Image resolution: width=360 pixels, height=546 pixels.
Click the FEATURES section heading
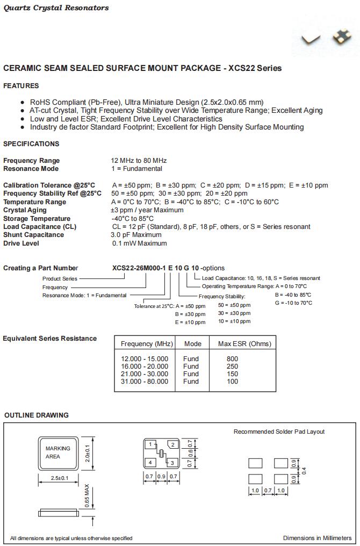pyautogui.click(x=21, y=86)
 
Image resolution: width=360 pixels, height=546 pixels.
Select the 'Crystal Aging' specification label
pyautogui.click(x=25, y=210)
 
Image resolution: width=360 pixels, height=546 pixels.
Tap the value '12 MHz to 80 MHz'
pyautogui.click(x=139, y=161)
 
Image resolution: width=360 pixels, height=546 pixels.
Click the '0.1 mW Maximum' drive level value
pyautogui.click(x=139, y=243)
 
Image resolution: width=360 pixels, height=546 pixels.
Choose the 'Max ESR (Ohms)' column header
pyautogui.click(x=244, y=344)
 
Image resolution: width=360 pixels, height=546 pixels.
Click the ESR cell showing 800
pyautogui.click(x=232, y=359)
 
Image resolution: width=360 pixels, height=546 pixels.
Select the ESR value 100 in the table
pyautogui.click(x=232, y=382)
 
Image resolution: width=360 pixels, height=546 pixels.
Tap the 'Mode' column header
pyautogui.click(x=193, y=344)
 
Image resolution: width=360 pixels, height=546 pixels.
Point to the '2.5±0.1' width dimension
pyautogui.click(x=60, y=478)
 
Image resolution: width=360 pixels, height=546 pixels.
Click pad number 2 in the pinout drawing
pyautogui.click(x=172, y=444)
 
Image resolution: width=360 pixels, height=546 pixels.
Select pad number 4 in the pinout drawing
pyautogui.click(x=151, y=462)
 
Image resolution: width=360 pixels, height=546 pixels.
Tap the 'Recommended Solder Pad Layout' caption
pyautogui.click(x=279, y=432)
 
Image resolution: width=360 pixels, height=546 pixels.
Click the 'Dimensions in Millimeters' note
pyautogui.click(x=317, y=538)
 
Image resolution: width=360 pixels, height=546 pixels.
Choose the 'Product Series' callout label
pyautogui.click(x=60, y=278)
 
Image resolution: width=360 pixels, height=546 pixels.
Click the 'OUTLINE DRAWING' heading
pyautogui.click(x=37, y=415)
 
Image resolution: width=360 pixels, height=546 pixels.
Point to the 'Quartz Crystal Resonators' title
pyautogui.click(x=56, y=8)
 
